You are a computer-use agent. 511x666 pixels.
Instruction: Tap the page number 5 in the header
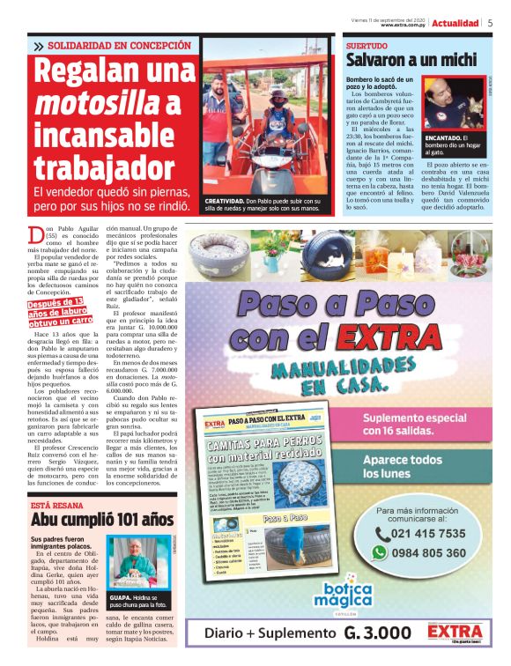coord(490,23)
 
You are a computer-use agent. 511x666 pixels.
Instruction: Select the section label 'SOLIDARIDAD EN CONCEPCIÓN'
coord(119,45)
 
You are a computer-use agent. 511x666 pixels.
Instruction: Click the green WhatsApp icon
coord(379,552)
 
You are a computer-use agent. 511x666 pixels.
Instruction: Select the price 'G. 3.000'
coord(377,633)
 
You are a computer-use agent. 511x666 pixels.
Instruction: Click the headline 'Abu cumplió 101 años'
coord(102,519)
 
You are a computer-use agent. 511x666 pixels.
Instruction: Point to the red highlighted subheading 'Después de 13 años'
coord(60,313)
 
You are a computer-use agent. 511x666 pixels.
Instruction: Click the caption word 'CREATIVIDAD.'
coord(224,201)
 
